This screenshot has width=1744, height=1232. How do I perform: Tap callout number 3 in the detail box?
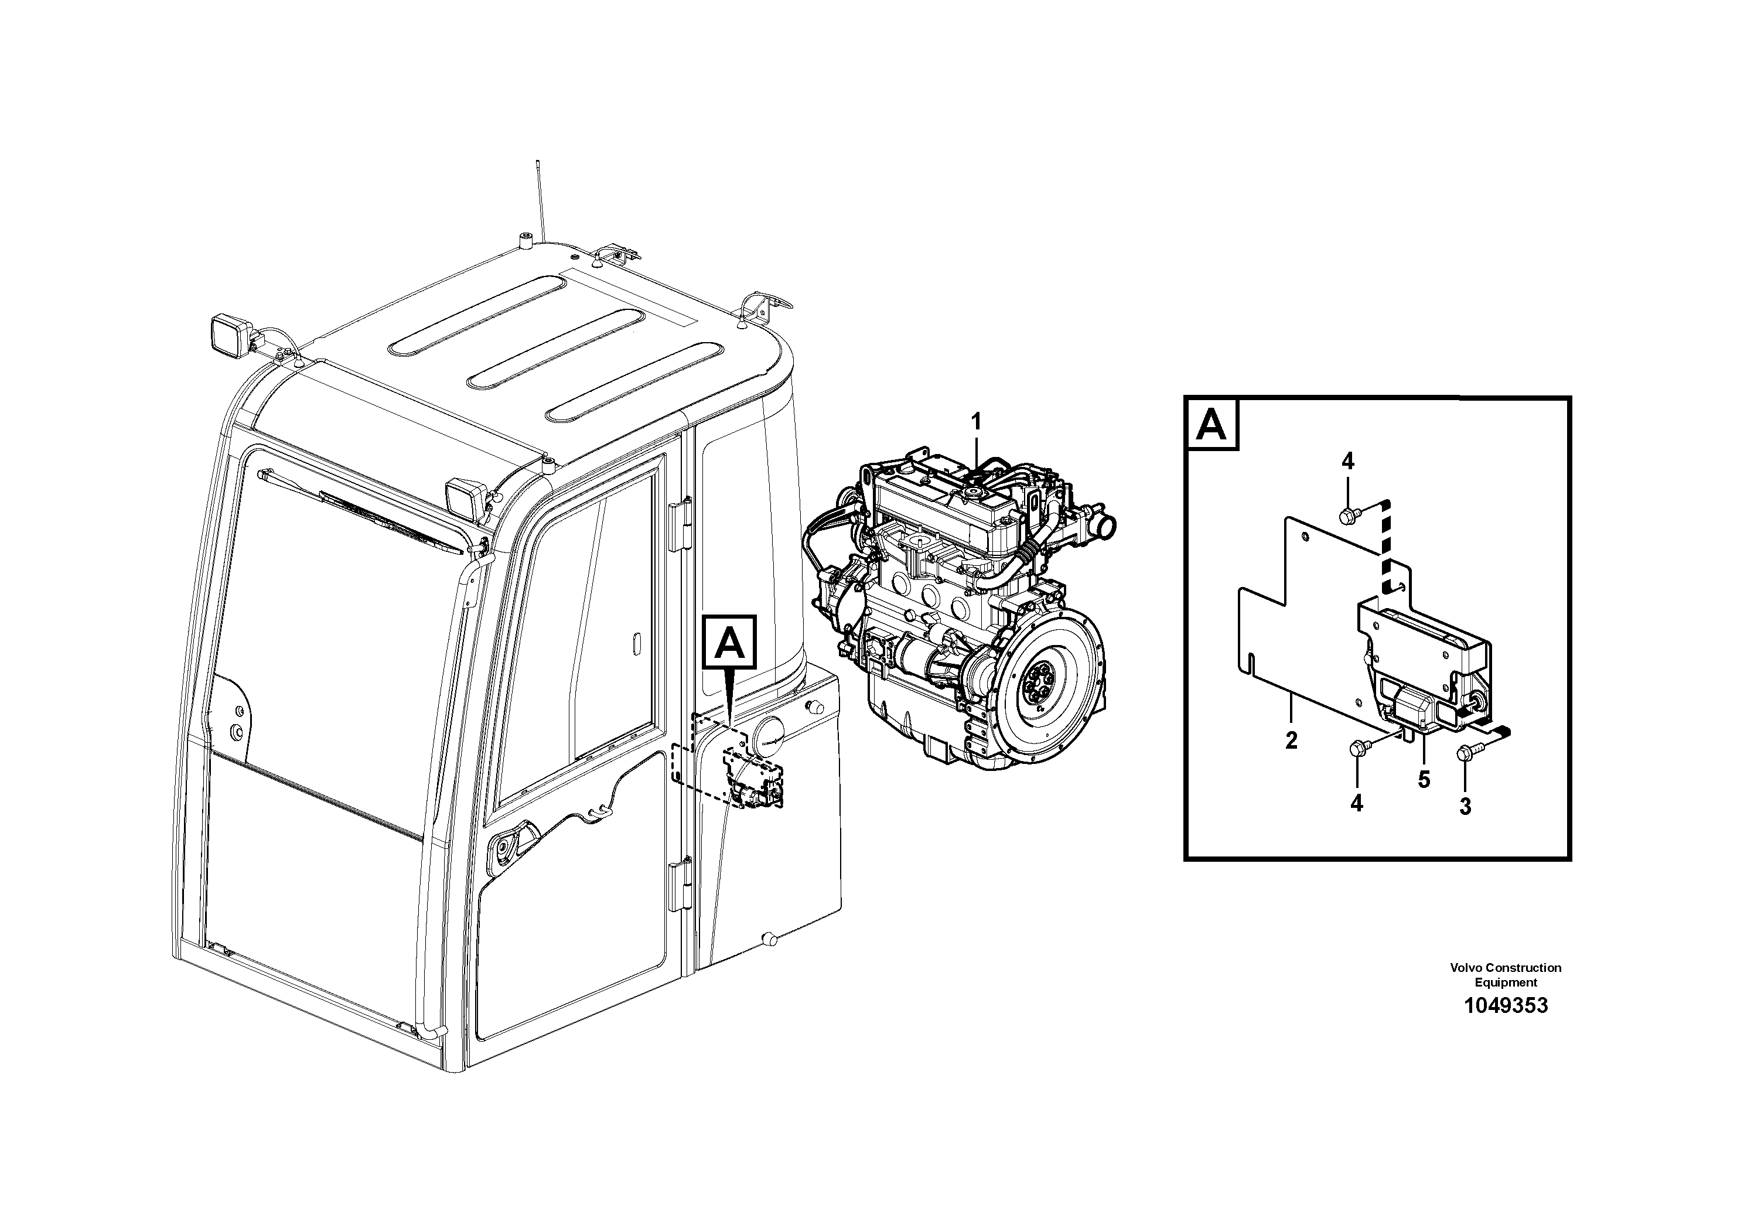tap(1465, 807)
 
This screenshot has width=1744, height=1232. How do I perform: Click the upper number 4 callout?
tap(1347, 461)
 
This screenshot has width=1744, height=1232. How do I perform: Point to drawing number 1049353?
tap(1506, 1006)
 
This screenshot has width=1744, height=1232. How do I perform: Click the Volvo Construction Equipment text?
tap(1506, 974)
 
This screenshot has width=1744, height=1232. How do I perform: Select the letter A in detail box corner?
tap(1211, 425)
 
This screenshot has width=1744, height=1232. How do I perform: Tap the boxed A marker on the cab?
tap(731, 645)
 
